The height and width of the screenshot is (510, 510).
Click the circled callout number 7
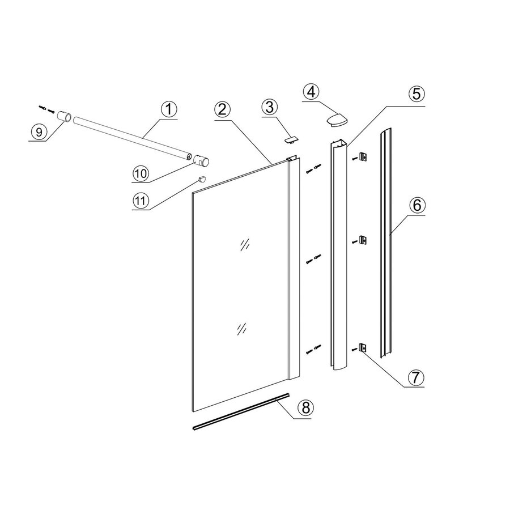click(415, 376)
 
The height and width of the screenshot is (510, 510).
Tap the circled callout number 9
click(39, 132)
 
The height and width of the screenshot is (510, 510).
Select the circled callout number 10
click(141, 173)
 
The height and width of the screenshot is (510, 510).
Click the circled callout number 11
click(141, 200)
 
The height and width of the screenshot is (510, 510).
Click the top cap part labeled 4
click(336, 119)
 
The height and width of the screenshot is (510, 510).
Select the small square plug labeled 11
click(201, 179)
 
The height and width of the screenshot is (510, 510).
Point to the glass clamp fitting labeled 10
click(203, 161)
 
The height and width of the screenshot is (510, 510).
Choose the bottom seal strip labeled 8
click(241, 412)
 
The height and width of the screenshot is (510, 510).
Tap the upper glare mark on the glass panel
click(245, 244)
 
